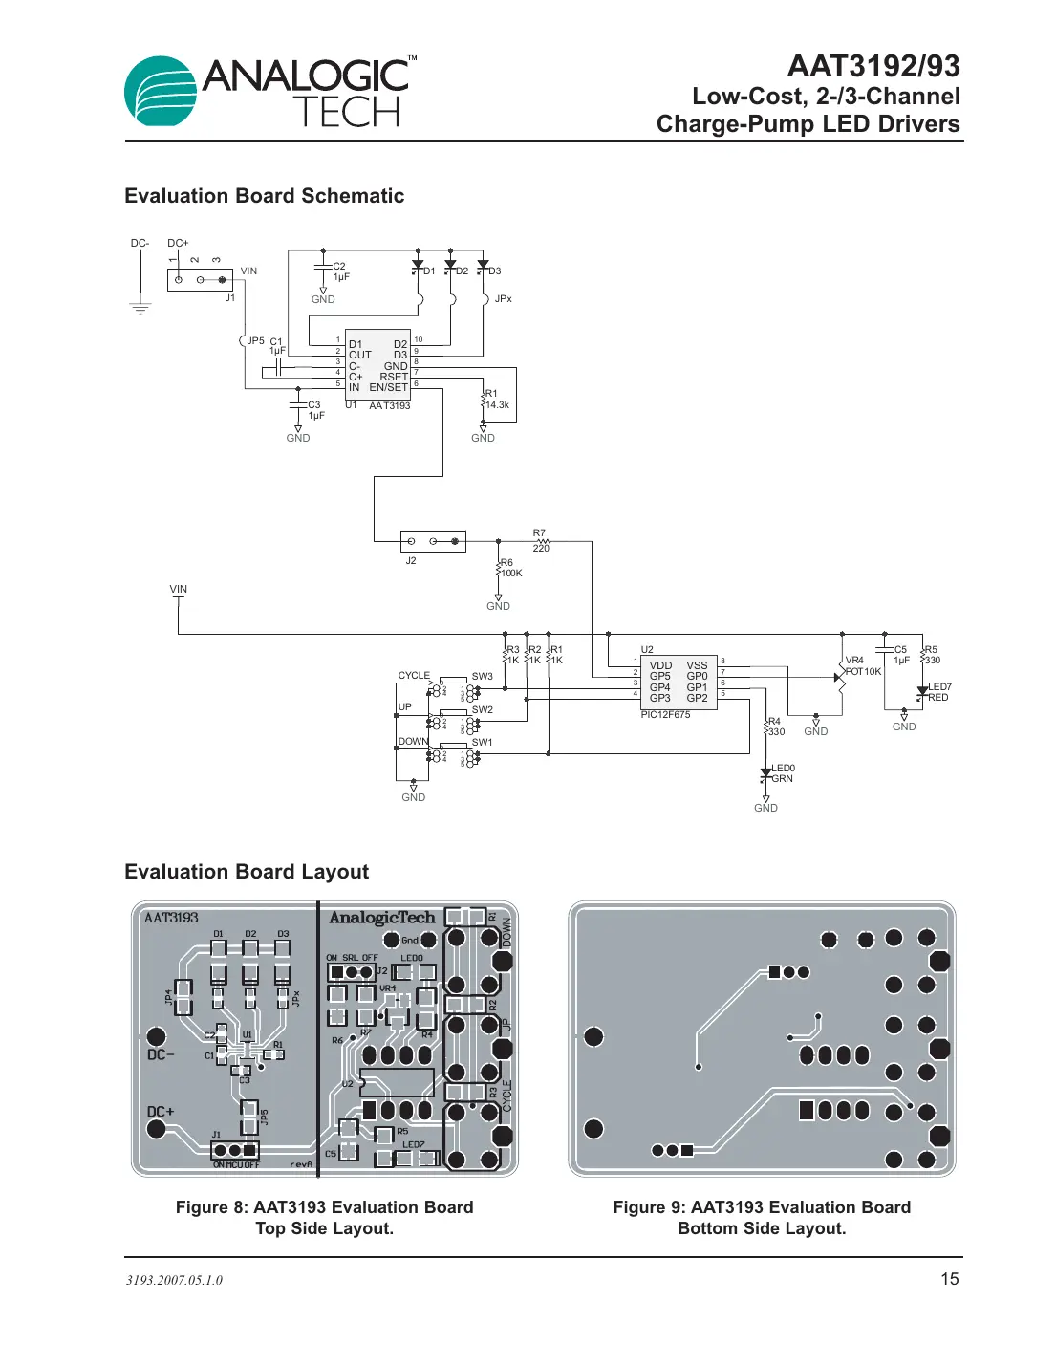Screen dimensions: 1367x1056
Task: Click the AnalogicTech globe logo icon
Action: coord(161,92)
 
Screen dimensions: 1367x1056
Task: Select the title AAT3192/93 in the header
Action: coord(873,66)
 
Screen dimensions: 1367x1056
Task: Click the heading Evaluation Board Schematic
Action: coord(264,196)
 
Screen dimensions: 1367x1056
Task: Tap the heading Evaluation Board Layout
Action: coord(247,872)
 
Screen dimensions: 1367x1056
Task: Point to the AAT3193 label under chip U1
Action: coord(389,406)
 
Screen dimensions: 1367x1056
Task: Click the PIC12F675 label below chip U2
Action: coord(665,715)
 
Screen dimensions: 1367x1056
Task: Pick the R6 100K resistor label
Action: coord(510,569)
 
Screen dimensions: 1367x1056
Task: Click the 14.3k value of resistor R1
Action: coord(497,405)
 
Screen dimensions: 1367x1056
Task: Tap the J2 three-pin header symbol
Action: coord(433,541)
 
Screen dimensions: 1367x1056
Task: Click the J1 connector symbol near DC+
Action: coord(200,279)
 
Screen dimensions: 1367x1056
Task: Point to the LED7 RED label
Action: coord(938,692)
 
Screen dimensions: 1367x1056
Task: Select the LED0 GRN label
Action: coord(783,773)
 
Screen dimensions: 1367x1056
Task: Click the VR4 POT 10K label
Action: coord(862,666)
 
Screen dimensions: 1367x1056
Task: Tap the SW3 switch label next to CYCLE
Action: coord(482,677)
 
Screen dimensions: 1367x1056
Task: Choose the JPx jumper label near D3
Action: coord(503,299)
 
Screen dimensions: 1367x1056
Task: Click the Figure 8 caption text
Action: coord(324,1218)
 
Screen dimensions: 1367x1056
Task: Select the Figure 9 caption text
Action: coord(762,1218)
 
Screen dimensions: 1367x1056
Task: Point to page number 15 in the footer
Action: coord(949,1279)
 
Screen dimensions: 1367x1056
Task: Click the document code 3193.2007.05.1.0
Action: coord(174,1281)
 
